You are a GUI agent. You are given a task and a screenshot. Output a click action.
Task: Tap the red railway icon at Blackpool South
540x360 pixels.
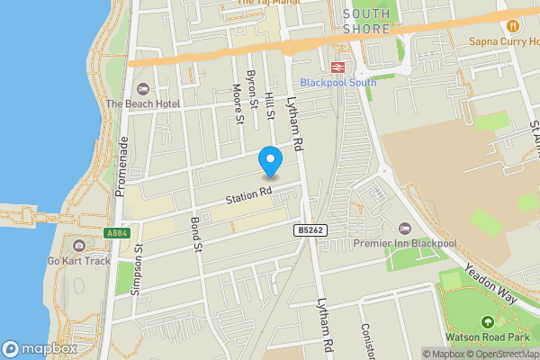click(x=339, y=67)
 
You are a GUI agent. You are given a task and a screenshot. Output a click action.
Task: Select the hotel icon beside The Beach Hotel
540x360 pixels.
click(x=142, y=88)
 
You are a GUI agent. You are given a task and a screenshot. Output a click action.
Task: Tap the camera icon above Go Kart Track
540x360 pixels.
click(x=79, y=246)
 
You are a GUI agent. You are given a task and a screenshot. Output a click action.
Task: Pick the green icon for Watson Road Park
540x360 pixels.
click(x=487, y=321)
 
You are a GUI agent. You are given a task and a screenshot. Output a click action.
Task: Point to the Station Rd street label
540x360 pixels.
click(x=248, y=194)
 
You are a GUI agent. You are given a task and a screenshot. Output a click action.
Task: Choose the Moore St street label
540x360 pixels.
click(x=238, y=103)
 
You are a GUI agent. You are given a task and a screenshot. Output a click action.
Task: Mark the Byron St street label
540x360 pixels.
click(x=253, y=87)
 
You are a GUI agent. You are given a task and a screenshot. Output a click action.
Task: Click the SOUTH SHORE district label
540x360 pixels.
click(x=366, y=21)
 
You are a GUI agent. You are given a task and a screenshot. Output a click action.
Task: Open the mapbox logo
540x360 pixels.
click(x=40, y=348)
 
